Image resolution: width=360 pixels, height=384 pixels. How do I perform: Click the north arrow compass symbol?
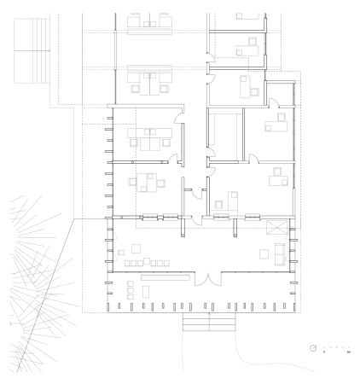click(x=314, y=348)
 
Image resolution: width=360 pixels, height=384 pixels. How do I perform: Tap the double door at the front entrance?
click(x=205, y=280)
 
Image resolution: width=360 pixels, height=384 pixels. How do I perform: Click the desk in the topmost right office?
click(x=247, y=16)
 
